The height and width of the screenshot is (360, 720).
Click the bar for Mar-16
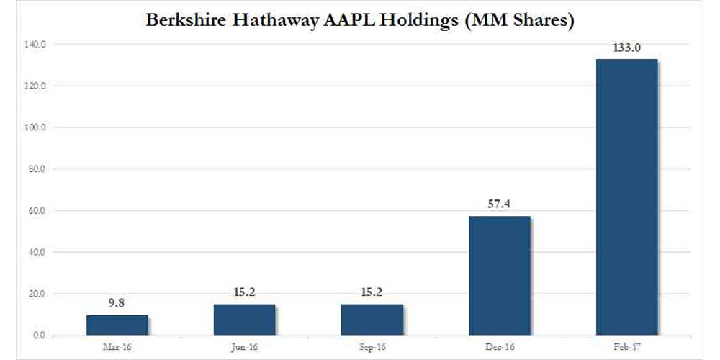(117, 325)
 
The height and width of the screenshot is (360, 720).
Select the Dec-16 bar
(500, 276)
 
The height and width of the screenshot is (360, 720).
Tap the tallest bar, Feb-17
(626, 197)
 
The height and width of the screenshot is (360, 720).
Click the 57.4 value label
(500, 205)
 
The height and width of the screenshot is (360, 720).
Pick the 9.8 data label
(117, 305)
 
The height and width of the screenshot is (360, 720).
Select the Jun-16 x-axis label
(244, 348)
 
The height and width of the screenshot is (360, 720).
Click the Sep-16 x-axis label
(372, 348)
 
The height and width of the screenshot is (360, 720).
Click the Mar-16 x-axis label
(117, 348)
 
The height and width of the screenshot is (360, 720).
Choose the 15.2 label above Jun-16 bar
(244, 293)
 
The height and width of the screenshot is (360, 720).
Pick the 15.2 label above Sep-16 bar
(372, 293)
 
